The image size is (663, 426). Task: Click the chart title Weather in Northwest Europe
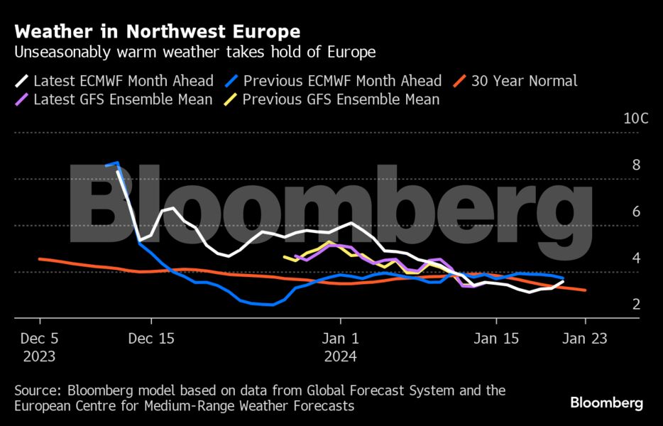[x=157, y=32]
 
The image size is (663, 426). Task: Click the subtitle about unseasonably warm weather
[x=194, y=53]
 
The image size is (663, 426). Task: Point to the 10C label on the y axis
[x=635, y=119]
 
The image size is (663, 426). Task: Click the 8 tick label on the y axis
[x=636, y=165]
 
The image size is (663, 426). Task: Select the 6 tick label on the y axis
[x=636, y=212]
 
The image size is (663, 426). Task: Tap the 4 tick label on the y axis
[x=636, y=258]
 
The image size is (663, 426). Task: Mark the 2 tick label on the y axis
[x=636, y=304]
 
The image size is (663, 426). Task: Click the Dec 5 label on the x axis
[x=40, y=339]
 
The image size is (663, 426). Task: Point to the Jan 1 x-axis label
[x=341, y=339]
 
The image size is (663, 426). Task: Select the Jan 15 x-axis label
[x=496, y=339]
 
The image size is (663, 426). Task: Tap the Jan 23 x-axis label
[x=585, y=339]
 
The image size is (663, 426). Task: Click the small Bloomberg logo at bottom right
[x=606, y=403]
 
